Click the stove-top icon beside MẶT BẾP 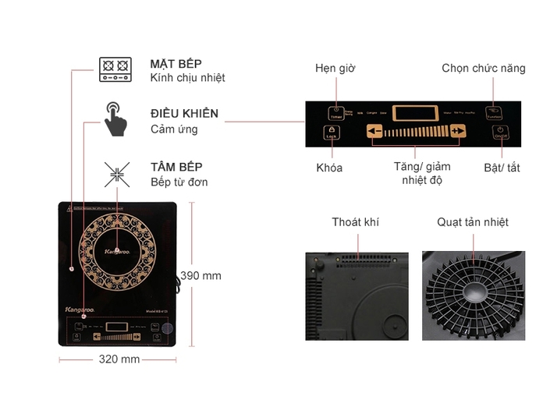pyautogui.click(x=115, y=69)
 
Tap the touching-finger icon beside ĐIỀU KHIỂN pyautogui.click(x=115, y=119)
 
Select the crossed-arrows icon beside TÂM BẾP pyautogui.click(x=116, y=174)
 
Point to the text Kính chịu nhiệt pyautogui.click(x=188, y=78)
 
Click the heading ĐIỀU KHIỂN pyautogui.click(x=184, y=114)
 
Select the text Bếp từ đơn pyautogui.click(x=179, y=182)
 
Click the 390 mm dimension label pyautogui.click(x=201, y=275)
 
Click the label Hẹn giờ pyautogui.click(x=335, y=69)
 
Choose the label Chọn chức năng pyautogui.click(x=484, y=69)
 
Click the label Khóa pyautogui.click(x=329, y=168)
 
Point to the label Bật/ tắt pyautogui.click(x=502, y=168)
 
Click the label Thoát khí pyautogui.click(x=355, y=222)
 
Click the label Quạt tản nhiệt pyautogui.click(x=473, y=222)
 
